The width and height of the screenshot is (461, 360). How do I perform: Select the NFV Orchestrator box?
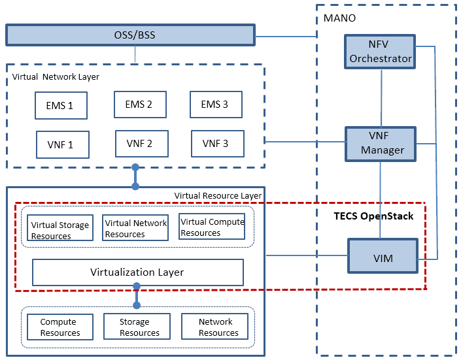coord(381,52)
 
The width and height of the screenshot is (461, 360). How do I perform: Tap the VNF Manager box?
coord(381,144)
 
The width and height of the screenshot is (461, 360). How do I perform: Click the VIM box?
coord(383,257)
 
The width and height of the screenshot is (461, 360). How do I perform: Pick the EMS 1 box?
coord(61,105)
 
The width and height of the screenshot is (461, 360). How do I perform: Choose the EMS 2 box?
coord(139,104)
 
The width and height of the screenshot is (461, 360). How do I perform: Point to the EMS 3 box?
coord(216,104)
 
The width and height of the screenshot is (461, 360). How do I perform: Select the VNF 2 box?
coord(140,144)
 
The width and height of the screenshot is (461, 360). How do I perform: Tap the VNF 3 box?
coord(217,144)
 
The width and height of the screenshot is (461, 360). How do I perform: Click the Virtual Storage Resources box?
coord(60,230)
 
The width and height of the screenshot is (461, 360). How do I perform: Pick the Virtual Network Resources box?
coord(135,228)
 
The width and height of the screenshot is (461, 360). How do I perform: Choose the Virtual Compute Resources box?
coord(212,227)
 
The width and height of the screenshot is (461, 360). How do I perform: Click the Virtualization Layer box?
coord(137,272)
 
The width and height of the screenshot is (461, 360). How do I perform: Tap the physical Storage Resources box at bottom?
coord(137,327)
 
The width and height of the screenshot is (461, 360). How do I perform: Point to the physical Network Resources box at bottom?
coord(215,327)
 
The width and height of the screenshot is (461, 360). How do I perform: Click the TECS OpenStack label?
coord(374,216)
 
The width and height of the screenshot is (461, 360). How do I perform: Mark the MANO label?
coord(340,18)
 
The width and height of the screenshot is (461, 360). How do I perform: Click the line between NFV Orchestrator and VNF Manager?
coord(381,98)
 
